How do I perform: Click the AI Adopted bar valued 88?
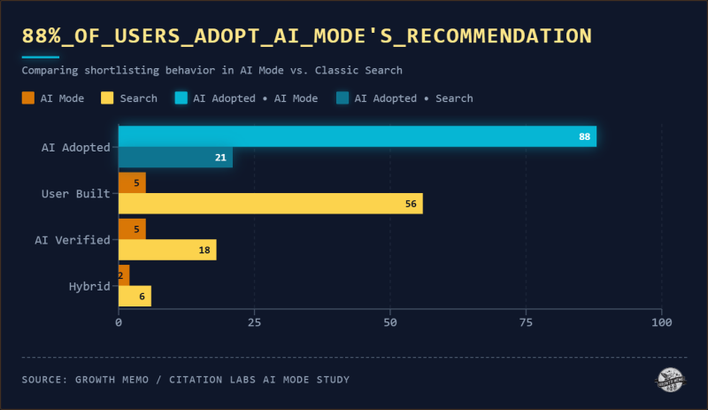tap(357, 136)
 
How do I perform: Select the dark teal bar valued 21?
tap(175, 158)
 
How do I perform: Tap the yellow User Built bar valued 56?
tap(270, 204)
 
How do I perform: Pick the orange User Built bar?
tap(132, 182)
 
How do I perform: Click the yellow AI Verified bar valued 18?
tap(167, 250)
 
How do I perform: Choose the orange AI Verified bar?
tap(132, 228)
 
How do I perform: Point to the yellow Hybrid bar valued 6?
tap(135, 296)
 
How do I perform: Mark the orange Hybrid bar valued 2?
tap(124, 275)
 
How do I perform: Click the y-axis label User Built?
tap(76, 193)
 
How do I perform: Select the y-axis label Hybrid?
tap(89, 286)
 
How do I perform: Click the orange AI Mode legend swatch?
tap(27, 98)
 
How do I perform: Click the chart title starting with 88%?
tap(306, 36)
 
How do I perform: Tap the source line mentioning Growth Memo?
tap(186, 380)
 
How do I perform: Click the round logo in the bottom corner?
tap(670, 379)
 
